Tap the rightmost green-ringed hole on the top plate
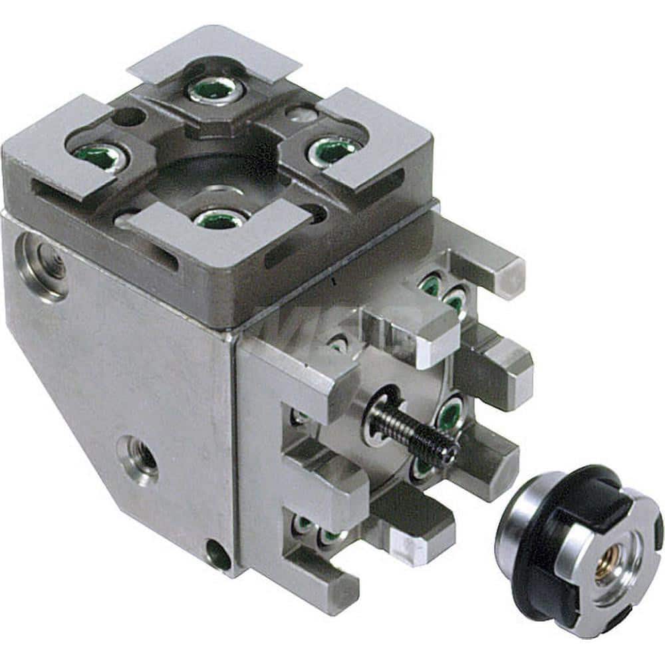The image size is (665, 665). click(332, 150)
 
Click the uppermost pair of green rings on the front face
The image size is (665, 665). click(442, 293)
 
